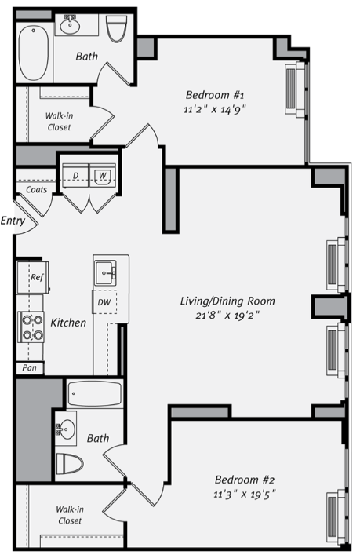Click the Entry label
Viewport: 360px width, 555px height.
coord(13,221)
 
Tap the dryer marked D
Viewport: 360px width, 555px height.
coord(76,175)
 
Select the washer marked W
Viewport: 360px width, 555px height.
coord(102,175)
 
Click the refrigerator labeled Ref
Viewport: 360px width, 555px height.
coord(36,277)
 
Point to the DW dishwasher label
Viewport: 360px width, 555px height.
coord(104,301)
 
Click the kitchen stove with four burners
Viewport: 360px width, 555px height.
coord(31,327)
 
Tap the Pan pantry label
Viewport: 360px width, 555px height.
coord(29,367)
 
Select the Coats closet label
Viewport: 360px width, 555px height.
coord(36,189)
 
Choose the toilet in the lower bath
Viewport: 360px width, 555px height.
coord(71,463)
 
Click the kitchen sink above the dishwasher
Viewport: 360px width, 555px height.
coord(105,274)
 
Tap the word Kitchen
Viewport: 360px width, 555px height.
coord(68,322)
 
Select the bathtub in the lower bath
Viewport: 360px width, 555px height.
coord(94,393)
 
